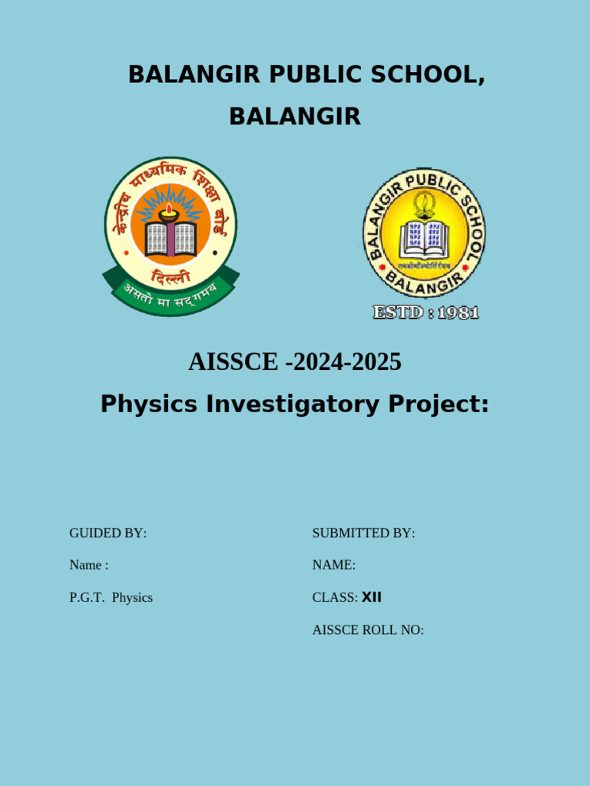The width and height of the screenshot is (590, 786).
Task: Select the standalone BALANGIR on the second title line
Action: [x=295, y=117]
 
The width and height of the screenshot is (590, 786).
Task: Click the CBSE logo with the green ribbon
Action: [x=171, y=234]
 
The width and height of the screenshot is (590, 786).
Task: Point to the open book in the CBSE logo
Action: [x=171, y=239]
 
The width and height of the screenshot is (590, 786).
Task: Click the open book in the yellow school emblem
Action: [x=423, y=239]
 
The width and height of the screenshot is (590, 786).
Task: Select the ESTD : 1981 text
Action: [x=426, y=312]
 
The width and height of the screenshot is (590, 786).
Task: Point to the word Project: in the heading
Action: [x=438, y=404]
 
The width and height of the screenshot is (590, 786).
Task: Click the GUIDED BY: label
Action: [x=108, y=533]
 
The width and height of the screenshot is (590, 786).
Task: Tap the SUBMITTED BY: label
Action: [x=363, y=533]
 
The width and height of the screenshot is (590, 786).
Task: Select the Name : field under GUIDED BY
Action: [x=89, y=565]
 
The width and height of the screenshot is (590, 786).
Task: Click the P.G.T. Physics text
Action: [x=111, y=597]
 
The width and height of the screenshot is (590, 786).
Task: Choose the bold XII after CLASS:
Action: [x=372, y=597]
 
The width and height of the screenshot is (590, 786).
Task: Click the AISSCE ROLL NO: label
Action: [x=368, y=630]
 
